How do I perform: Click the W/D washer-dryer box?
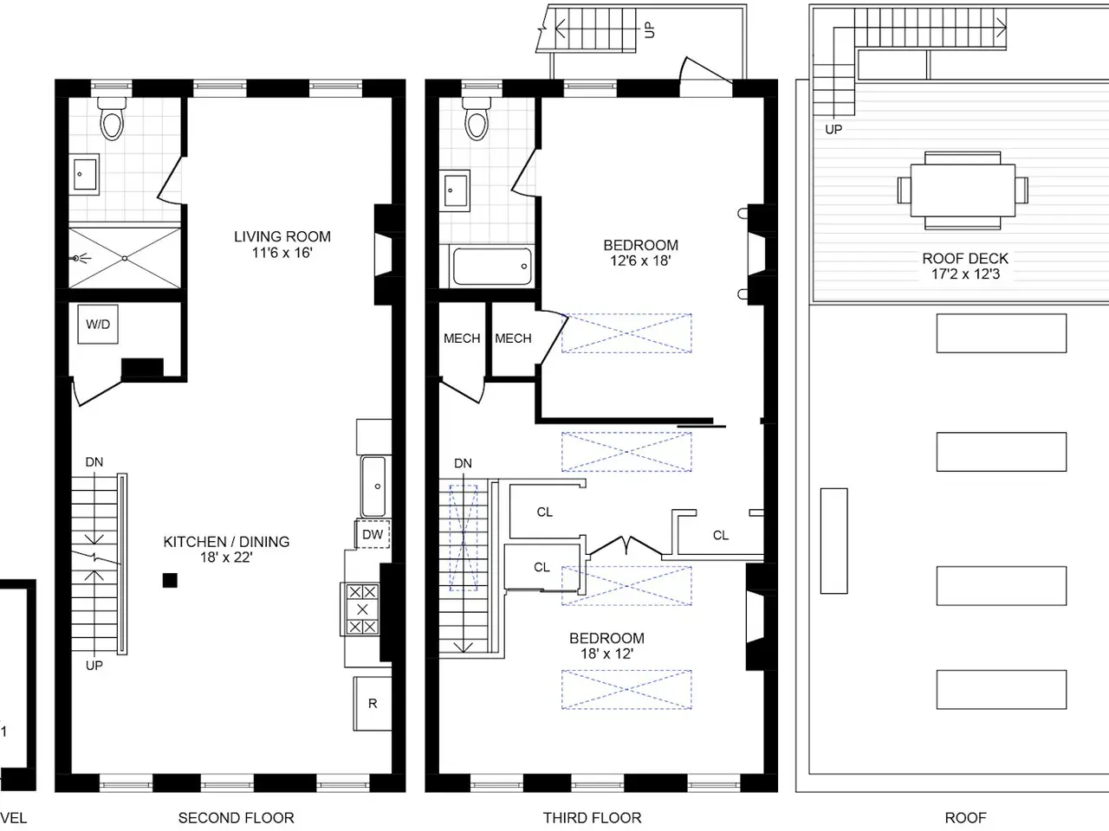[x=98, y=324]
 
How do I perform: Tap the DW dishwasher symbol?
[x=373, y=534]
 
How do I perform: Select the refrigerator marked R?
[x=373, y=704]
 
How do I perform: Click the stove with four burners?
[x=362, y=609]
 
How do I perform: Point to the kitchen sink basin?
[x=373, y=486]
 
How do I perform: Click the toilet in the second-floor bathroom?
[x=112, y=119]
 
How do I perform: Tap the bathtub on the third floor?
[x=492, y=266]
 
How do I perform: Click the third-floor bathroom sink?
[x=455, y=190]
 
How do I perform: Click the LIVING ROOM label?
[x=282, y=236]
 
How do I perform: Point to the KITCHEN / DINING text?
[x=226, y=541]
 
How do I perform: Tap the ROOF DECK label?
[x=965, y=258]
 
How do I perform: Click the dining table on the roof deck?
[x=963, y=190]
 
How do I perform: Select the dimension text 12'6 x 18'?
[x=640, y=261]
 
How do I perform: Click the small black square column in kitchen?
[x=170, y=580]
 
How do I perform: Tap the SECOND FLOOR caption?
[x=236, y=817]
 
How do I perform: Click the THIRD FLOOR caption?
[x=592, y=817]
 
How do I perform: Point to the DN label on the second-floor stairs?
[x=94, y=461]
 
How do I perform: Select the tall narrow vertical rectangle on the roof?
[x=833, y=540]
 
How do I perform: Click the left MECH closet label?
[x=462, y=338]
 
